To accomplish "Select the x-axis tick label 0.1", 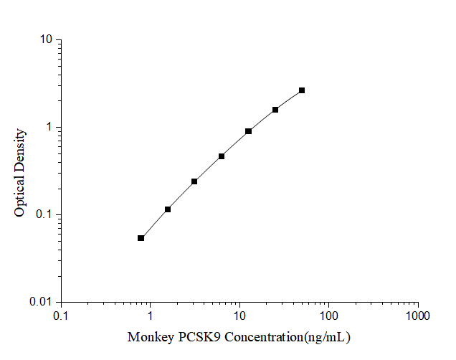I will (61, 316).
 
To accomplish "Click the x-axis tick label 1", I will (150, 316).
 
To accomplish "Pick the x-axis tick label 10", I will (239, 316).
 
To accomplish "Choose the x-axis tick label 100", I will (328, 316).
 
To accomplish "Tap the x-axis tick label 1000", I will (417, 316).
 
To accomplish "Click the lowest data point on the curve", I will (141, 238).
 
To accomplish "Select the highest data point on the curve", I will (302, 90).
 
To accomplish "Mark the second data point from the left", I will (168, 209).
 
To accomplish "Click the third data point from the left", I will (194, 181).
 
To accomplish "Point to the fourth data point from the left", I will (222, 156).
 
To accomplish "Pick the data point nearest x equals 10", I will (248, 131).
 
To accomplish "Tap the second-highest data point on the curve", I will (275, 110).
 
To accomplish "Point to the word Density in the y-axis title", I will (21, 148).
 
